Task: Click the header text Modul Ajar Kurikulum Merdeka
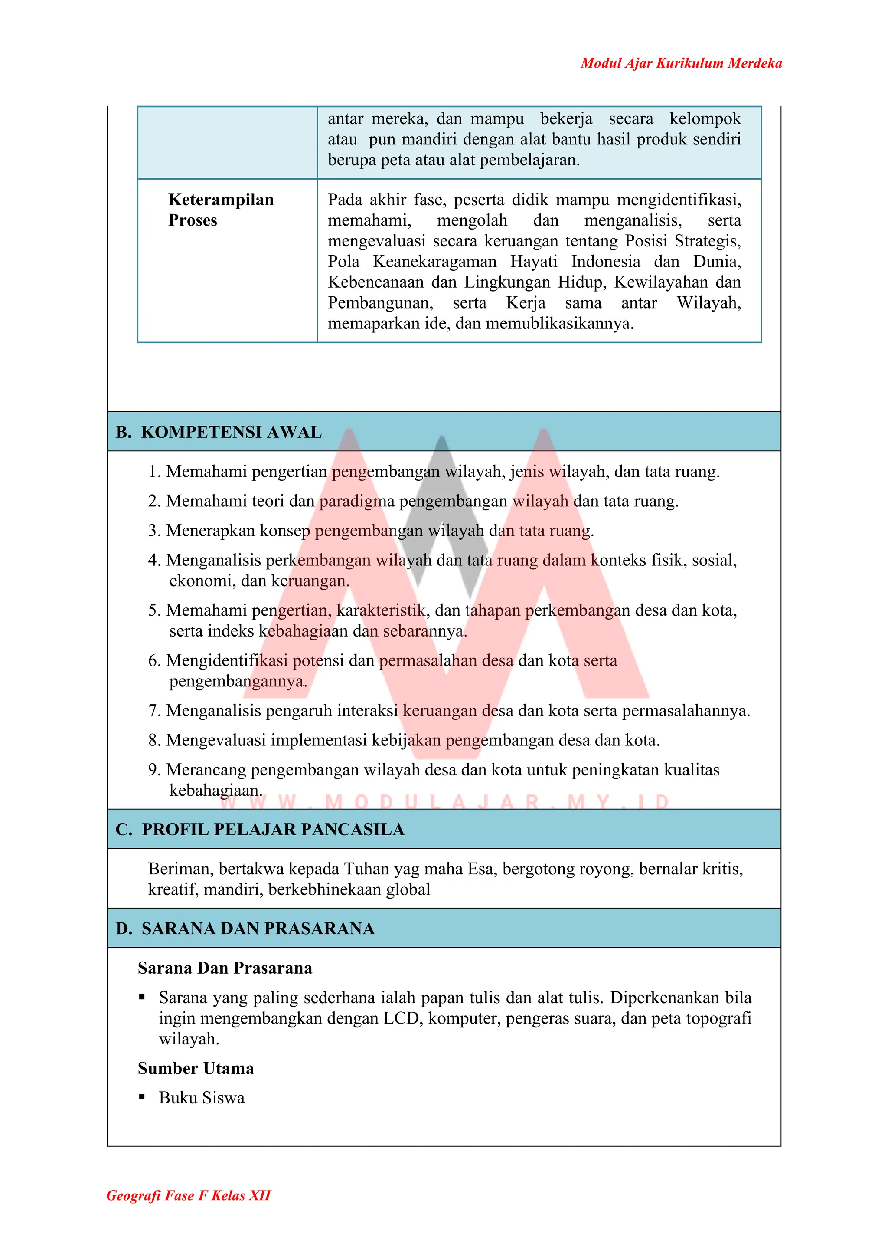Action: (x=681, y=63)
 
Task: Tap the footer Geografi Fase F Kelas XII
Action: (x=188, y=1195)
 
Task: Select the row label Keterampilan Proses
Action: (x=221, y=210)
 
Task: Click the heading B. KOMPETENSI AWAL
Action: (x=219, y=432)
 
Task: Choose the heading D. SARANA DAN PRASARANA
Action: (x=245, y=929)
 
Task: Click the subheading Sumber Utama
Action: (x=196, y=1068)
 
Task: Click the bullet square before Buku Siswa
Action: (x=142, y=1097)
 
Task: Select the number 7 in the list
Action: (x=153, y=711)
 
